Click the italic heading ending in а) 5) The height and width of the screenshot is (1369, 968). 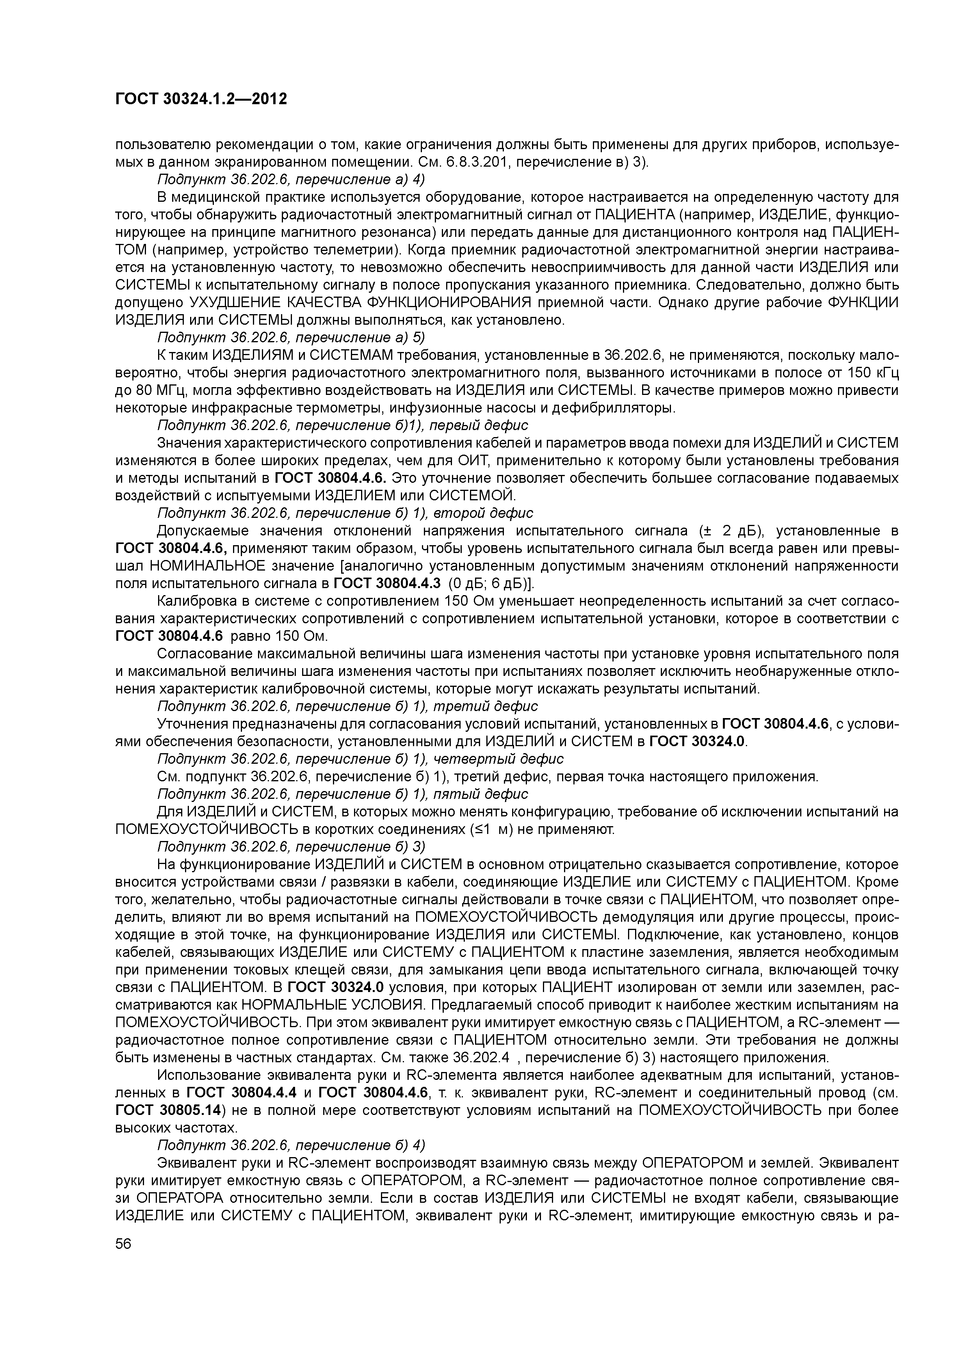290,338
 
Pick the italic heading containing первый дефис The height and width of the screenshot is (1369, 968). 342,425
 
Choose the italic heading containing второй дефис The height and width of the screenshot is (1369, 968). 345,513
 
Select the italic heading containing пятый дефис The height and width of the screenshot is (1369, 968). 342,794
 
